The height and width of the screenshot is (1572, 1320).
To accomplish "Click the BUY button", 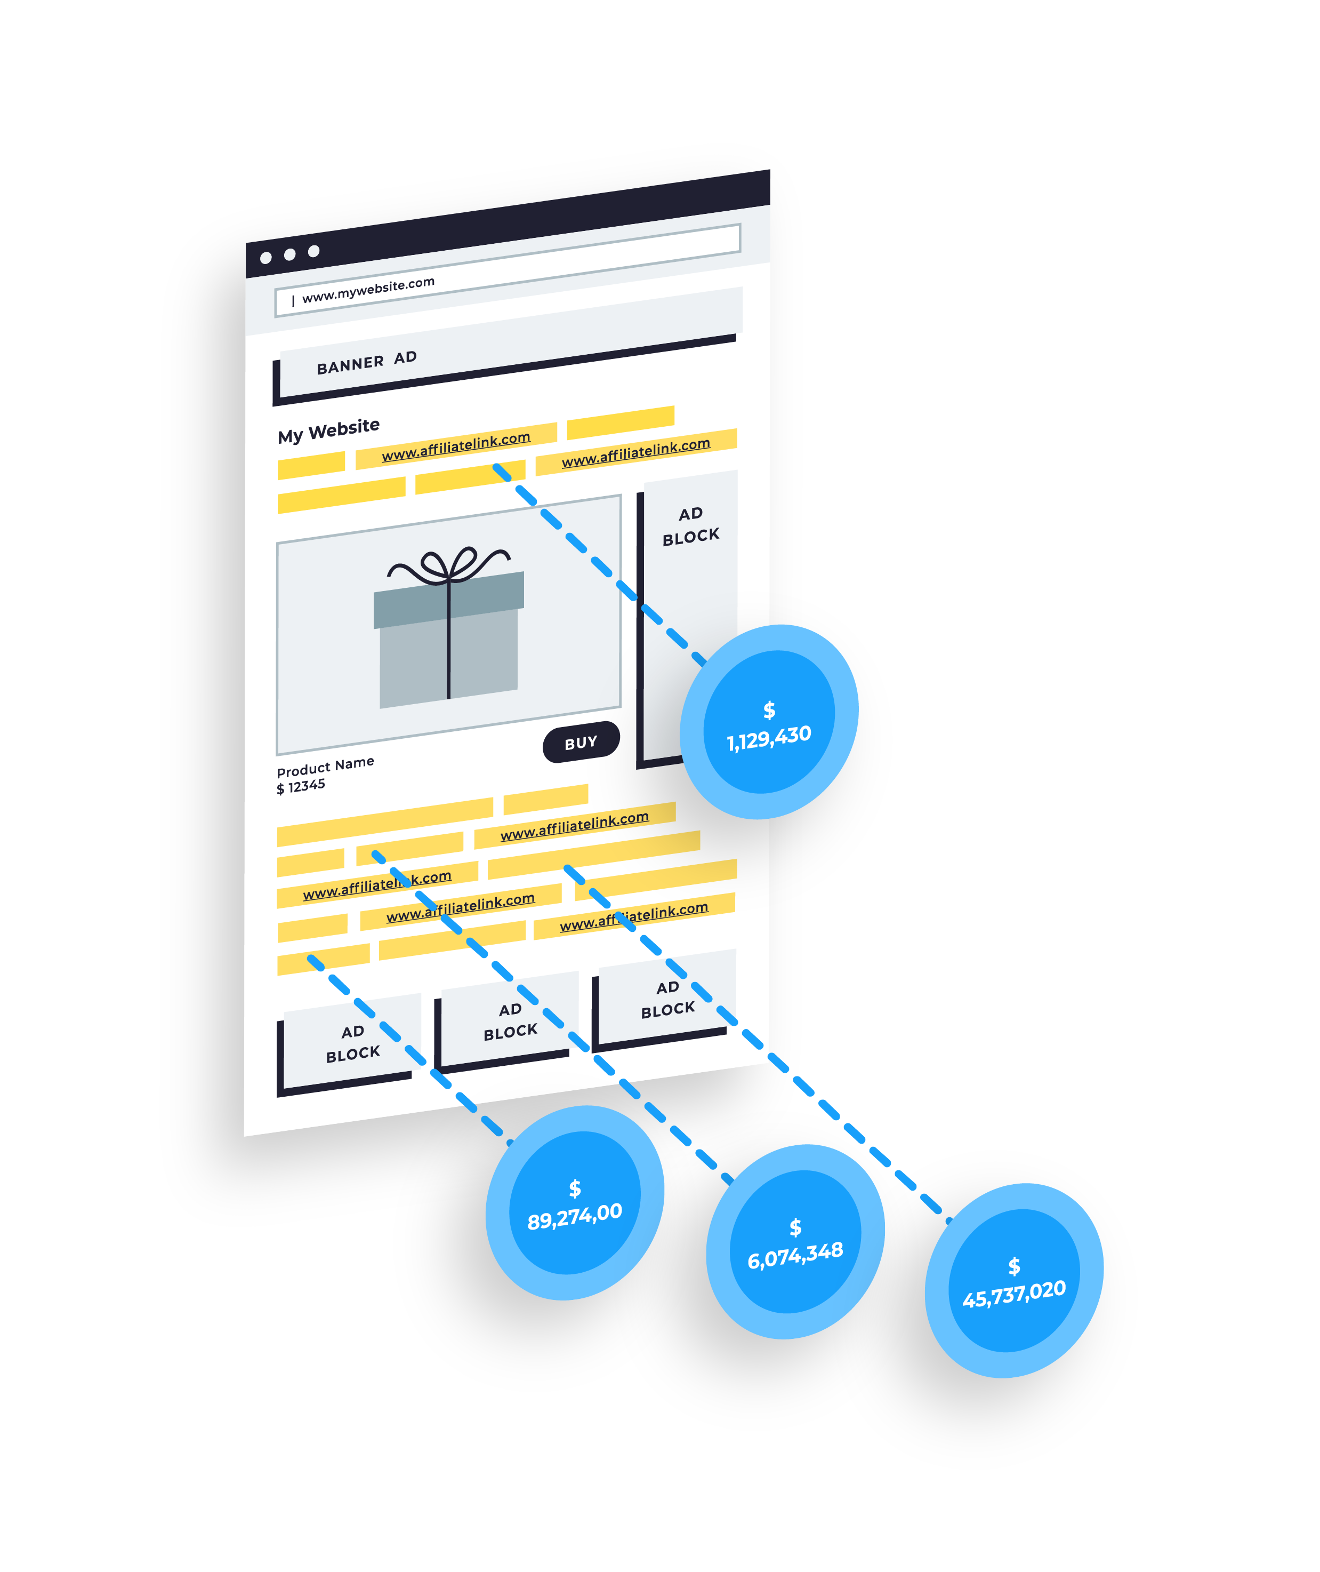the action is coord(581,742).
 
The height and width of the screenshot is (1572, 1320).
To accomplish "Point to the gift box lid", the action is coord(449,599).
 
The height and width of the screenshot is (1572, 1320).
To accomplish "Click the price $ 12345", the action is coord(301,787).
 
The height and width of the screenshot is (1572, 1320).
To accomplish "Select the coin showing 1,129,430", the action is coord(769,722).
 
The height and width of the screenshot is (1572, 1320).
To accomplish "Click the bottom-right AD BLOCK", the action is coord(667,999).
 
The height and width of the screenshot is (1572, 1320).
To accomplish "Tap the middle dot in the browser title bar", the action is coord(289,254).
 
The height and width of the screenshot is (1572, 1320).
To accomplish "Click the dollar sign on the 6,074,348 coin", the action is coord(795,1227).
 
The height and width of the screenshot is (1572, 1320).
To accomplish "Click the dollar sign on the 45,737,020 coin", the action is coord(1014,1266).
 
